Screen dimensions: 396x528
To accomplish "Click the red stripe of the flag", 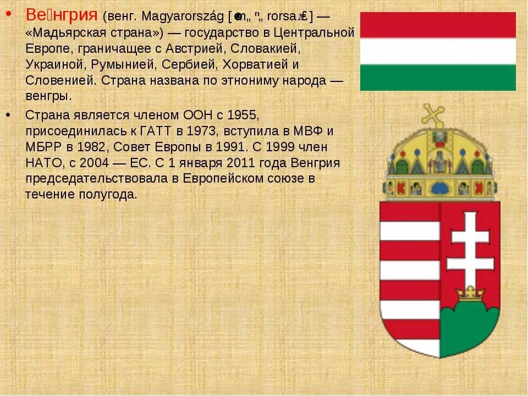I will coord(438,25).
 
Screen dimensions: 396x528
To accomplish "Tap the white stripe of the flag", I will coord(438,51).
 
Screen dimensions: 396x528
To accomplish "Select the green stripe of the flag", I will coord(438,77).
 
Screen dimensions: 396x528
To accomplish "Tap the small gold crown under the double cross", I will coord(470,293).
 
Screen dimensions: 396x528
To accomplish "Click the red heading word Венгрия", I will coord(62,15).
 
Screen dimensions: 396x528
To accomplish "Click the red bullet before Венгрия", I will coord(9,14).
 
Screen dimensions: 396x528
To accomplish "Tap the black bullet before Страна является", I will coord(9,114).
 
